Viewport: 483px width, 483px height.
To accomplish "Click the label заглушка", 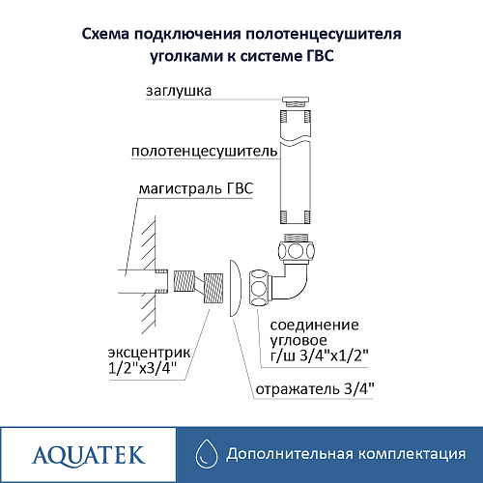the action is (179, 91).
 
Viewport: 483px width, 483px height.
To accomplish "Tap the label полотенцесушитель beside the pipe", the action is (204, 152).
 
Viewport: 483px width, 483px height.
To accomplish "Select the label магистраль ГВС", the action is (196, 188).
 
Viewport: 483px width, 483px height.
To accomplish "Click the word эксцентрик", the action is (149, 353).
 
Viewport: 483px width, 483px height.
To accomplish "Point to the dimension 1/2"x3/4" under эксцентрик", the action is (143, 368).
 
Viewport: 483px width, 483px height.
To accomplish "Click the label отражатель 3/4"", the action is (315, 389).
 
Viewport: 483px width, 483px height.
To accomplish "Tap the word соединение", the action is (314, 326).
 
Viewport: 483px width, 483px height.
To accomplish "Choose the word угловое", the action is (298, 341).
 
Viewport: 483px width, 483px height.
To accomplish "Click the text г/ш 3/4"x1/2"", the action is (319, 355).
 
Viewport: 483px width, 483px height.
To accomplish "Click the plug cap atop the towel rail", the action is (296, 101).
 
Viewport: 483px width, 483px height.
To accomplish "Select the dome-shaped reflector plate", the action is (235, 288).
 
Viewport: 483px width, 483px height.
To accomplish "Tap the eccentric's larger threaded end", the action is (213, 288).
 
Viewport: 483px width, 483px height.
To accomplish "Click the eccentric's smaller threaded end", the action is (184, 281).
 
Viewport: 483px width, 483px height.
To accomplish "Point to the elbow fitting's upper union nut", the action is (297, 250).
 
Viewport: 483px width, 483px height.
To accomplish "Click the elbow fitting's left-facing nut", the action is (259, 288).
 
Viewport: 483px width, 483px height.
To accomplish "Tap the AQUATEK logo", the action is (88, 455).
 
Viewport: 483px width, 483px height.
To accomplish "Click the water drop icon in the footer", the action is (207, 454).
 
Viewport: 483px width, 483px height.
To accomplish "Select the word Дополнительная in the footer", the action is (290, 454).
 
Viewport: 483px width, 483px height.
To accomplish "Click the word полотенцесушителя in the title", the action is (324, 35).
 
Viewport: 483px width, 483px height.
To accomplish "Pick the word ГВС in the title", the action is (318, 56).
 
